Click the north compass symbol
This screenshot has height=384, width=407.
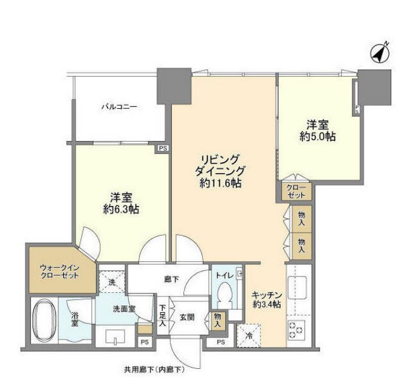coord(380,53)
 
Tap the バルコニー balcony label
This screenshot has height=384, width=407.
coord(119,107)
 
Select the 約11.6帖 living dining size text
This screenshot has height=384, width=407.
coord(221,183)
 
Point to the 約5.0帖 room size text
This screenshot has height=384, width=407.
coord(318,136)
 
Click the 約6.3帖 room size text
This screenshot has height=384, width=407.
coord(121,209)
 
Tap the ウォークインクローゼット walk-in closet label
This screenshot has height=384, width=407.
coord(60,272)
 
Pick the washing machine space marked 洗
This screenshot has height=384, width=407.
coord(112,282)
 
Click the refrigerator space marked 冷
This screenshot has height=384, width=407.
coord(248,336)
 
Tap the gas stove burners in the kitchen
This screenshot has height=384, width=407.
coord(296,327)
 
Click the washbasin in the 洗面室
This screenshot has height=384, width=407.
coord(115,336)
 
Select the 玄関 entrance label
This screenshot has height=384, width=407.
coord(187,317)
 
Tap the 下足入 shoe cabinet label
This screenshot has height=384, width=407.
coord(162,315)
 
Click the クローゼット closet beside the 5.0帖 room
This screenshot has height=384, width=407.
coord(296,191)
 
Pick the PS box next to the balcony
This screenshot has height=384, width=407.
coord(163,148)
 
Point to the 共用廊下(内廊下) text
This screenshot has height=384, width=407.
coord(154,369)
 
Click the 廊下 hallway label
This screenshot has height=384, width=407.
coord(171,279)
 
